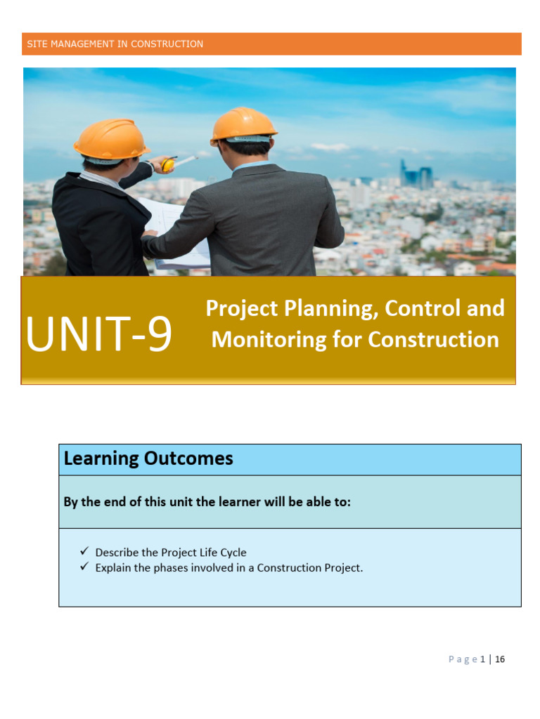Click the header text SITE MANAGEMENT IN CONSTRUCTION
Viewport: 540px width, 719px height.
pyautogui.click(x=115, y=44)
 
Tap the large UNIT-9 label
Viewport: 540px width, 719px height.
pyautogui.click(x=98, y=335)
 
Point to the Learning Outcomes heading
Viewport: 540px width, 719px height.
pyautogui.click(x=148, y=459)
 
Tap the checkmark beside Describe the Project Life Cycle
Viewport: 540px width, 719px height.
pyautogui.click(x=84, y=552)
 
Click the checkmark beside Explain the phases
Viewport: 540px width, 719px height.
pyautogui.click(x=84, y=567)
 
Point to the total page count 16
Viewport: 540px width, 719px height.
pyautogui.click(x=500, y=659)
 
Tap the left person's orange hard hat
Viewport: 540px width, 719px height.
pyautogui.click(x=111, y=139)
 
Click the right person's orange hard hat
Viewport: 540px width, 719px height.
pyautogui.click(x=243, y=125)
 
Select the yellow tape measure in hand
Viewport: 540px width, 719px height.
pyautogui.click(x=167, y=165)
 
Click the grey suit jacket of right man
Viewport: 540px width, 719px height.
pyautogui.click(x=281, y=218)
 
